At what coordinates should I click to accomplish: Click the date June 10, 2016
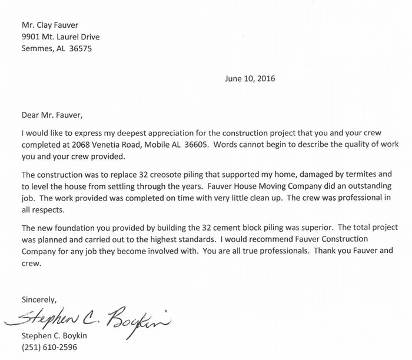click(x=250, y=78)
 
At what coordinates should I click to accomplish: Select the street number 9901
click(x=31, y=37)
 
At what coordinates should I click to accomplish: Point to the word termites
click(x=353, y=175)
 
